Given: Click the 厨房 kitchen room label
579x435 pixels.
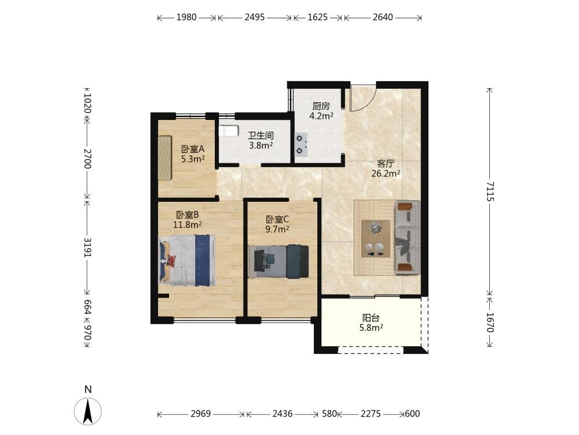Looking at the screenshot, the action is point(321,106).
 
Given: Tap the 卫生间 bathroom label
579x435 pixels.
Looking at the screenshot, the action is point(261,135).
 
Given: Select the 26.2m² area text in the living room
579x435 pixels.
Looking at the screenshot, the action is point(386,173).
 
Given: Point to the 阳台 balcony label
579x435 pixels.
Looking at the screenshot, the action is point(371,318).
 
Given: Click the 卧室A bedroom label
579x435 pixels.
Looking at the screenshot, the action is point(192,150).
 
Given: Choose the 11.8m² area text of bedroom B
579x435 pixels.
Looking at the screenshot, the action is point(188,224).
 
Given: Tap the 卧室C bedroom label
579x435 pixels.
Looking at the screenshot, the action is point(277,220).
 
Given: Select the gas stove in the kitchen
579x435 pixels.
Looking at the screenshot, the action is point(301,144).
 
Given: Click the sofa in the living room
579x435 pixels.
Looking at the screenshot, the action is point(408,237).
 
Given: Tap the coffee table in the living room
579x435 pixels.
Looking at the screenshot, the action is point(376,238).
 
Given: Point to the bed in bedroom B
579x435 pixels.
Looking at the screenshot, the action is point(188,260).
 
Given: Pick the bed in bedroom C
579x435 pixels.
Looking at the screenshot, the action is point(278,261).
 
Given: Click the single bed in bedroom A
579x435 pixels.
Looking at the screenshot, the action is point(165,158).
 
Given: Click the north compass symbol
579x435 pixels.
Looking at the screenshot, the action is point(88,411).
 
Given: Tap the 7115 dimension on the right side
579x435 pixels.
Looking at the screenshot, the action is point(490,191).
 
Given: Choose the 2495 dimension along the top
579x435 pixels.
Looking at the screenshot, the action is point(255,17).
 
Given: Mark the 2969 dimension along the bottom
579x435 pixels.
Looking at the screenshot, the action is point(200,414).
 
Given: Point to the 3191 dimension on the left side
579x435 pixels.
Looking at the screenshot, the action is point(87,247).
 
